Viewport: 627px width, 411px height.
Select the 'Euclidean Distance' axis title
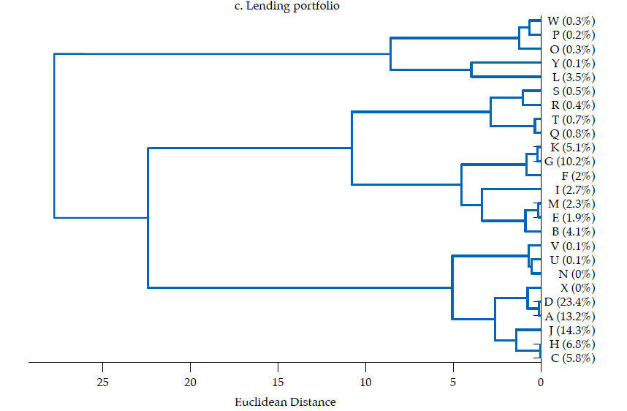pos(285,401)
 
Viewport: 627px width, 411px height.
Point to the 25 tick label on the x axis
pos(103,381)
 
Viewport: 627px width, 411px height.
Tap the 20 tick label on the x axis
pos(191,381)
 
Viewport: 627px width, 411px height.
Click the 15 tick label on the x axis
pos(278,381)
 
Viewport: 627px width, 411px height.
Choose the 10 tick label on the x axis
pos(365,381)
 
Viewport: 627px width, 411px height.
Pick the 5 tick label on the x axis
pos(453,381)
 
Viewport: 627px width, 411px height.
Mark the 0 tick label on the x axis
pos(541,381)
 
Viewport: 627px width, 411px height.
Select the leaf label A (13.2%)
pos(570,317)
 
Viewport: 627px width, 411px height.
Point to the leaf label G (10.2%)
pos(570,162)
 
